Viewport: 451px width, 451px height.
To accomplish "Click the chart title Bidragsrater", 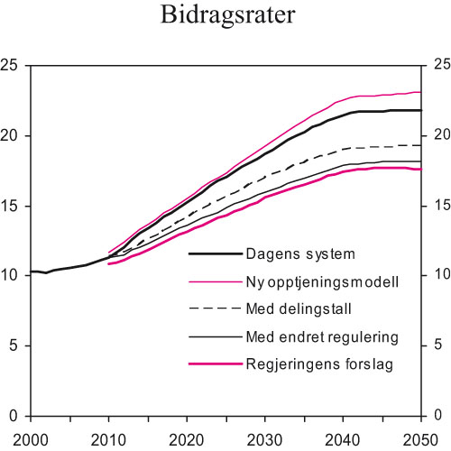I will [x=225, y=16].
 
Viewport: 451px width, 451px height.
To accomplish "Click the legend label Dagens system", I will [x=299, y=253].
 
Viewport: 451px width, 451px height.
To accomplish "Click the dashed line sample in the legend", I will [x=213, y=308].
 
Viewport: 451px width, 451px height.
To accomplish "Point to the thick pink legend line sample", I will [x=213, y=364].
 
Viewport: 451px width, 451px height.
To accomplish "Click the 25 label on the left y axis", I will [x=12, y=65].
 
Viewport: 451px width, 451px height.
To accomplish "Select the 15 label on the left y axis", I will [x=12, y=205].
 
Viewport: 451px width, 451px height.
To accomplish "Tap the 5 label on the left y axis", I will [x=15, y=345].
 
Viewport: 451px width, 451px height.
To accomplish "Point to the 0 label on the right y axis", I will [x=437, y=416].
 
